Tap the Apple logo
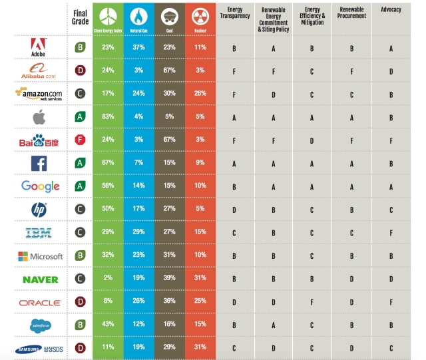39,117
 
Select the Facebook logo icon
39,163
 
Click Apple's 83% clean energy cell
108,117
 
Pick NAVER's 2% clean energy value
108,279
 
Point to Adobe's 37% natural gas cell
138,48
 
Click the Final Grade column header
81,17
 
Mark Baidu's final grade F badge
81,140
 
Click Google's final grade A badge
81,186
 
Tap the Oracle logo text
40,303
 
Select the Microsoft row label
40,256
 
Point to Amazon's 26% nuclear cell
200,94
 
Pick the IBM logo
39,233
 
